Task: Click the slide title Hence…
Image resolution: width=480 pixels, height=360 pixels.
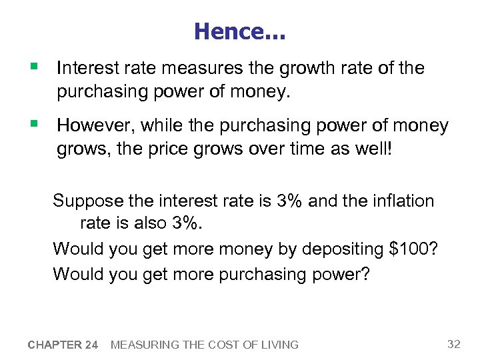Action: tap(239, 31)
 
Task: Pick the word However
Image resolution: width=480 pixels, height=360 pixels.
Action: tap(90, 125)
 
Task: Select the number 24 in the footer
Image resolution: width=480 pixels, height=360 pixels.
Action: tap(91, 345)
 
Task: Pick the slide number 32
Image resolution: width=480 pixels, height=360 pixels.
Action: tap(453, 344)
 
